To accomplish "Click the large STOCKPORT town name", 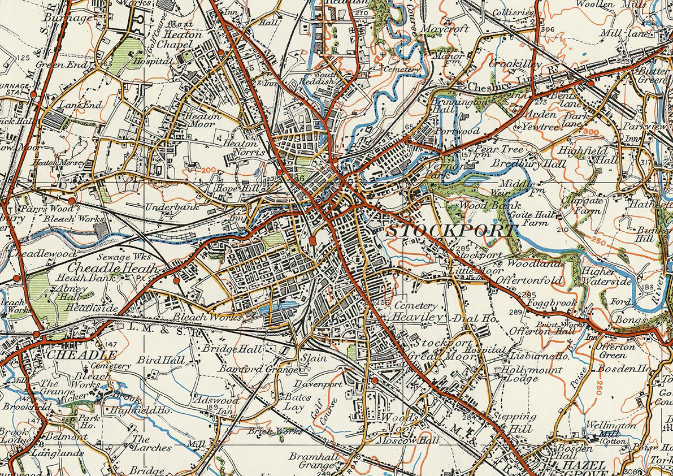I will pyautogui.click(x=451, y=231).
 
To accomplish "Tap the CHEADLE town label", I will pyautogui.click(x=82, y=354).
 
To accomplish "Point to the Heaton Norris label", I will pyautogui.click(x=244, y=148).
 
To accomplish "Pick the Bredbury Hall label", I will pyautogui.click(x=521, y=163).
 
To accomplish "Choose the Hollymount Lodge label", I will pyautogui.click(x=532, y=374).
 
